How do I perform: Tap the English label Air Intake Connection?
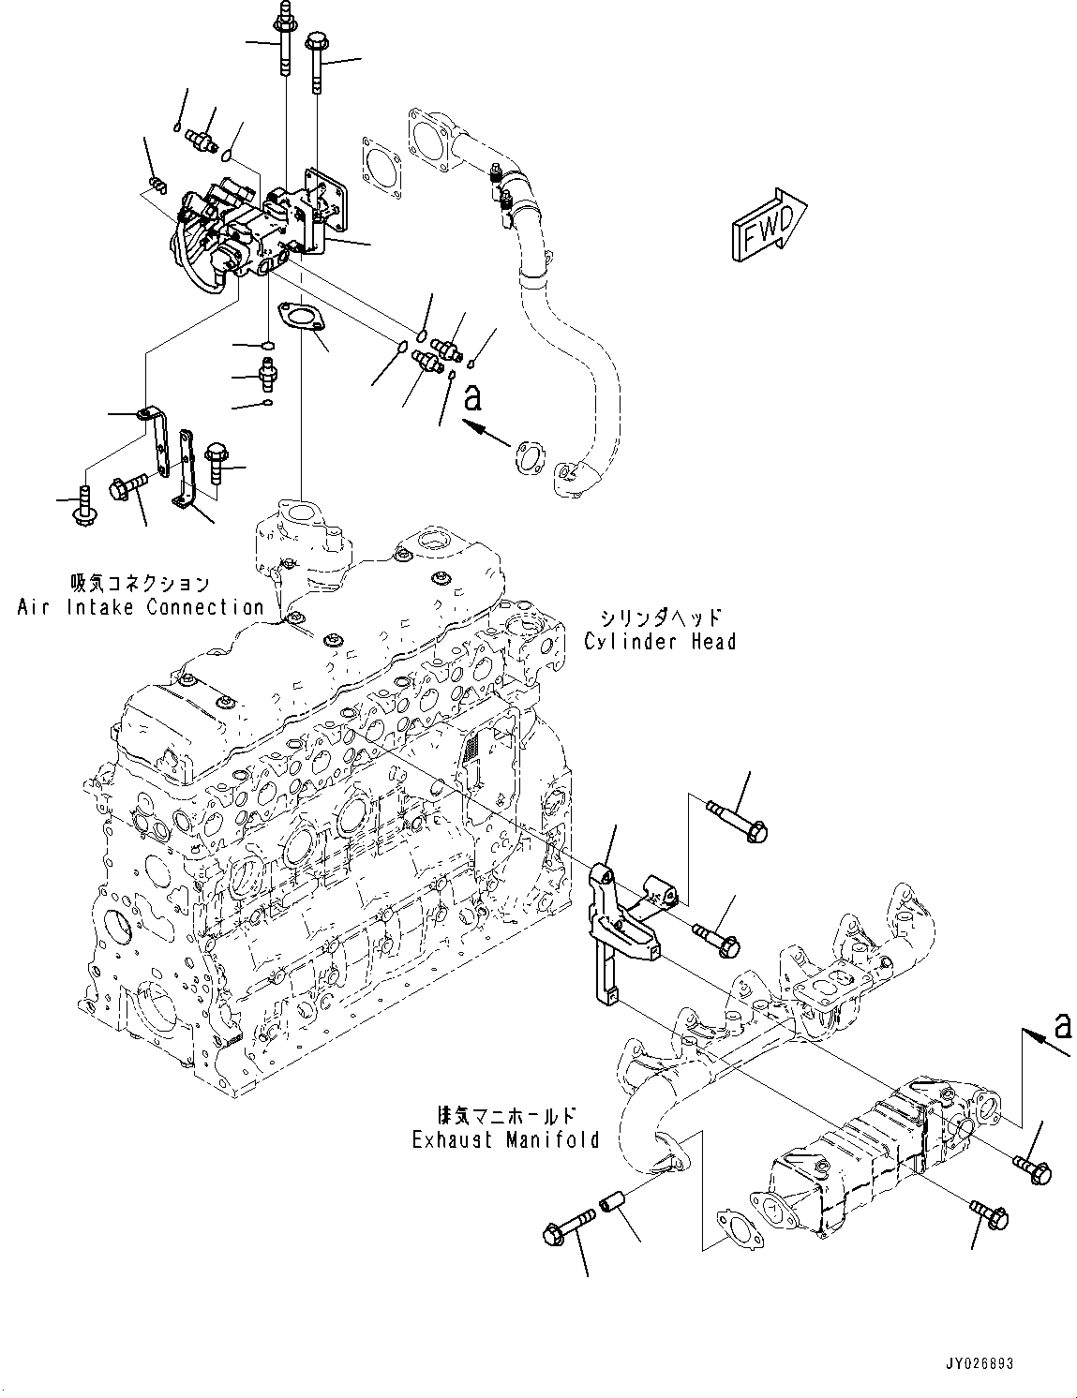click(x=140, y=607)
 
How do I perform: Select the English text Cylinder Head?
click(x=660, y=642)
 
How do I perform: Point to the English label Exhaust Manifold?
click(x=505, y=1140)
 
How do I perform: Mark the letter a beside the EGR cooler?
click(x=1061, y=1026)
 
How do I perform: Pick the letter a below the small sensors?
click(x=473, y=398)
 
